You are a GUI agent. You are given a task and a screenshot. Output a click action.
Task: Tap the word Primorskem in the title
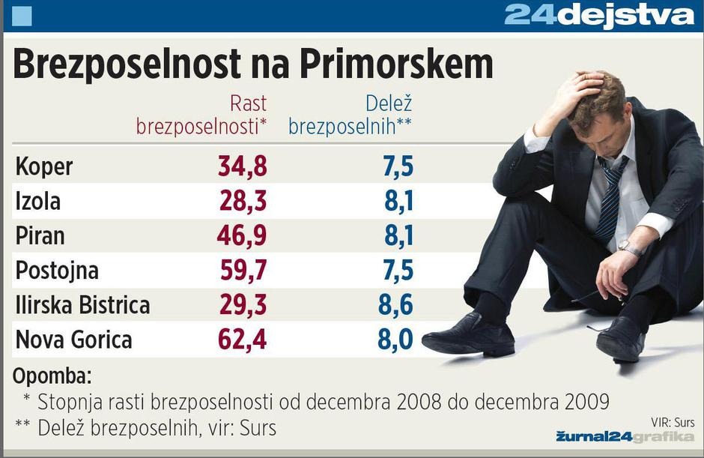pyautogui.click(x=396, y=65)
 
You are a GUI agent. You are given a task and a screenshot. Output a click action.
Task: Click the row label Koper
pyautogui.click(x=44, y=166)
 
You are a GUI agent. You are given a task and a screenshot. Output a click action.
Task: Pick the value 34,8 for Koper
pyautogui.click(x=242, y=166)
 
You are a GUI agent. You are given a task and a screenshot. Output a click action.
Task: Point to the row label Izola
pyautogui.click(x=38, y=201)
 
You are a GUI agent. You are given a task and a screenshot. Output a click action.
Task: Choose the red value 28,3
pyautogui.click(x=242, y=201)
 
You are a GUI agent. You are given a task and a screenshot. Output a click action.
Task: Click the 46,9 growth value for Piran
pyautogui.click(x=242, y=235)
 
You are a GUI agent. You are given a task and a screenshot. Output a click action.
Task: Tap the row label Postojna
pyautogui.click(x=57, y=270)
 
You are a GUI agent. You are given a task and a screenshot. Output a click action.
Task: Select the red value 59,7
pyautogui.click(x=242, y=270)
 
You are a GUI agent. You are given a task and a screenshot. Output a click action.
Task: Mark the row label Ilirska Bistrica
pyautogui.click(x=82, y=305)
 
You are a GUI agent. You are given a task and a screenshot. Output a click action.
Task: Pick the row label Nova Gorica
pyautogui.click(x=73, y=340)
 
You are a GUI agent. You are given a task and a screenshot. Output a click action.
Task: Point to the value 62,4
pyautogui.click(x=242, y=340)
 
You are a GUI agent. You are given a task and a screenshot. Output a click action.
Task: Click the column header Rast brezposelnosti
pyautogui.click(x=201, y=115)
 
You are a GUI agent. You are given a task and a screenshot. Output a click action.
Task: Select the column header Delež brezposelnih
pyautogui.click(x=351, y=115)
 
